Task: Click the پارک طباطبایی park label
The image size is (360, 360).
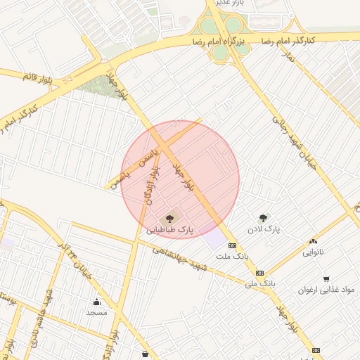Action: pos(169,231)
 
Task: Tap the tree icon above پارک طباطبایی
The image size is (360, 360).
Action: pos(169,219)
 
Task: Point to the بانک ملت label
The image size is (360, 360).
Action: pos(232,257)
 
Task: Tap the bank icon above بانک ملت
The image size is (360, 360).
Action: pos(232,245)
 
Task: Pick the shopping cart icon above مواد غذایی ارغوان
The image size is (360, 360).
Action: pos(326,278)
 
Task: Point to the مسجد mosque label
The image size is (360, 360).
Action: pos(96,312)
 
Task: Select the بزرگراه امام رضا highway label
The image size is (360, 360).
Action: pos(219,42)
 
